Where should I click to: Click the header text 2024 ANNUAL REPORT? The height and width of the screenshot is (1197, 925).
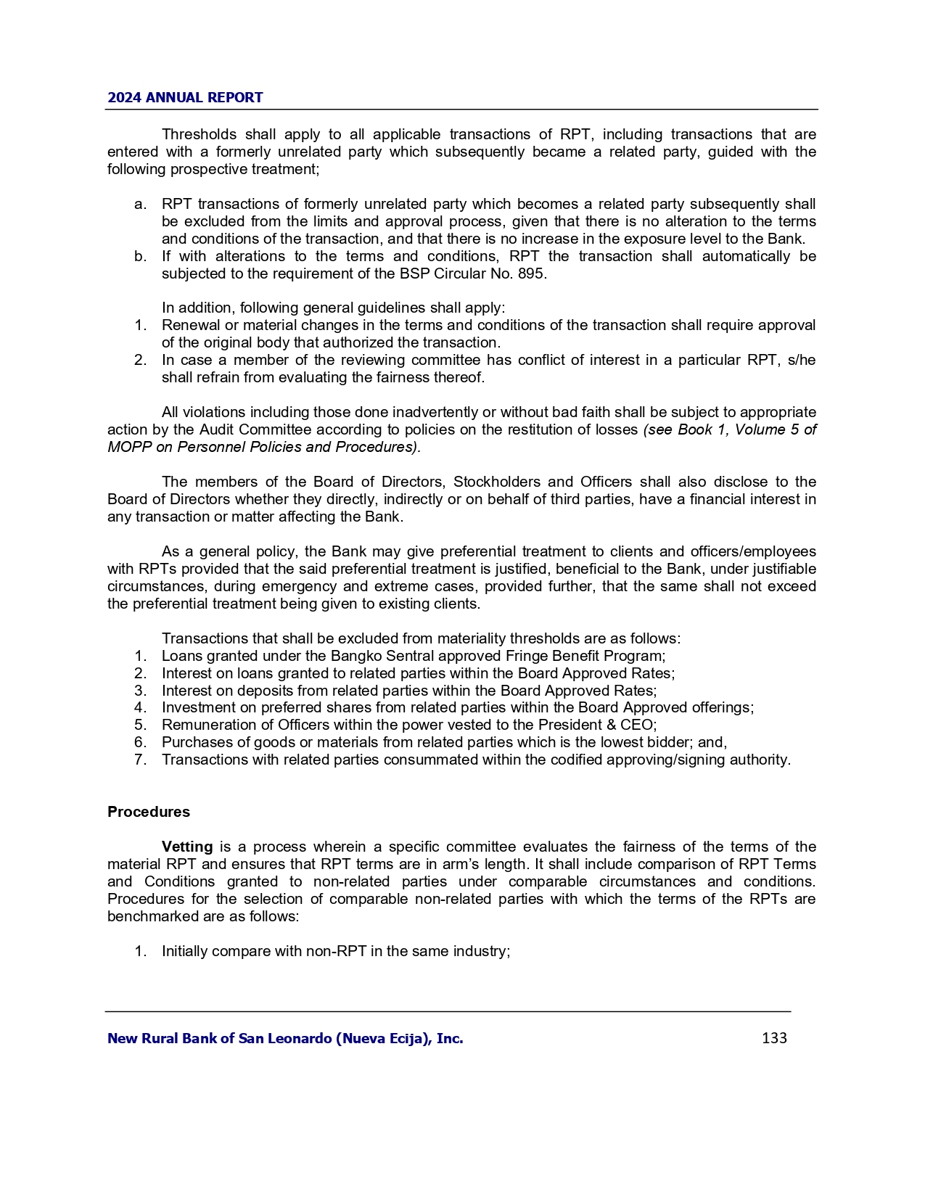[185, 98]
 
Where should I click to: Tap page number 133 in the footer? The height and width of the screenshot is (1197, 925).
[774, 1038]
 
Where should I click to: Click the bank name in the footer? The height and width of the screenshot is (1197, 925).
[285, 1039]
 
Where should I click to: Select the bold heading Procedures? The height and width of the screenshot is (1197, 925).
[149, 812]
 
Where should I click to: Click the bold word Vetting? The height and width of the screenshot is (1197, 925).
[187, 847]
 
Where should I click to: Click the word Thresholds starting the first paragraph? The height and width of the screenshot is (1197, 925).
[199, 134]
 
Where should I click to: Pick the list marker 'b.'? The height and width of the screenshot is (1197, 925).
[141, 256]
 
